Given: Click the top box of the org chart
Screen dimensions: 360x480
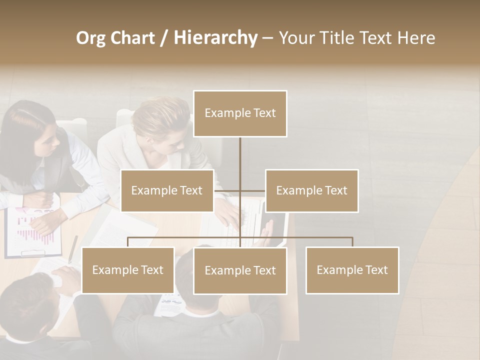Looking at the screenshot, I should [240, 113].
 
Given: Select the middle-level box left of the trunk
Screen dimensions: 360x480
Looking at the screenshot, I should [167, 190].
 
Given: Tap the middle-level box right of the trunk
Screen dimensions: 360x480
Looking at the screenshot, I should [311, 190].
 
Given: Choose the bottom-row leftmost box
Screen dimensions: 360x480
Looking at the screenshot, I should [128, 270].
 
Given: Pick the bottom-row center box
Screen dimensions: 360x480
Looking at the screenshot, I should [240, 270].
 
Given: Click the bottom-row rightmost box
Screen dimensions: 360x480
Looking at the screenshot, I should [352, 270].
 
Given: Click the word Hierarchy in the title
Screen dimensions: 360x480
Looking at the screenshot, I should [215, 38].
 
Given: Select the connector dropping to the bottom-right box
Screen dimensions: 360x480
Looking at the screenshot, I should [352, 242].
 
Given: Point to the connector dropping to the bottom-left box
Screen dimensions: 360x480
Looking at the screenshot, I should [128, 242].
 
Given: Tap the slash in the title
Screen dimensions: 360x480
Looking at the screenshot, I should [164, 38].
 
